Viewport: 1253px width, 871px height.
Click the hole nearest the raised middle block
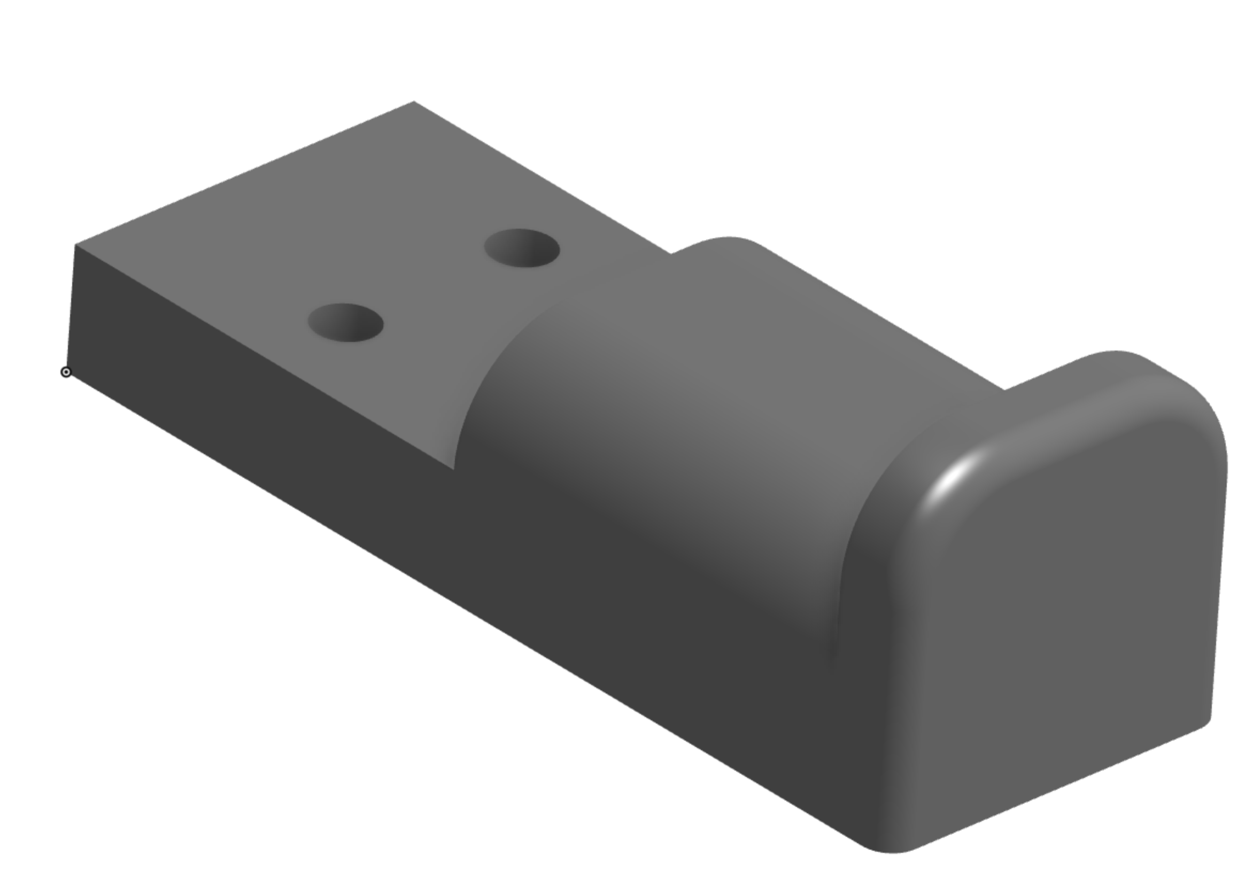tap(522, 248)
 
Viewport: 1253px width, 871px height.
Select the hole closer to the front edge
tap(345, 323)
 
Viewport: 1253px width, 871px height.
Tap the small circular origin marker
tap(66, 372)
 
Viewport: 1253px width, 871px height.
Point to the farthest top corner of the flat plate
tap(414, 102)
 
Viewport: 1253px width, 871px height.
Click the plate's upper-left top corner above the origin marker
tap(75, 245)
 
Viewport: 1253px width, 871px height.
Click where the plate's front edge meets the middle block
tap(454, 468)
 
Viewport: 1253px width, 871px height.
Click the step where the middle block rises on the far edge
tap(672, 253)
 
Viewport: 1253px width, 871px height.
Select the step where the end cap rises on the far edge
tap(1006, 388)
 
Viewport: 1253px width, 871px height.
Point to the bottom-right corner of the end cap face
tap(1207, 722)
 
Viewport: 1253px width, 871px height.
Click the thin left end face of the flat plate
tap(72, 306)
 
